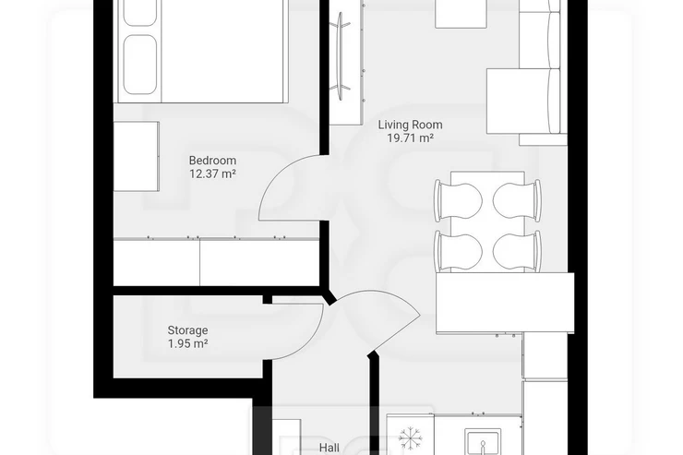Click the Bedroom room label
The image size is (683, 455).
212,161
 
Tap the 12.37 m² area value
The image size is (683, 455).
212,174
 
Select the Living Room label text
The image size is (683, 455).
410,125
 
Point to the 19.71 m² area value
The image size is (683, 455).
410,138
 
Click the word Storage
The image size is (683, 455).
187,330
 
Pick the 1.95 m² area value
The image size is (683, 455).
187,343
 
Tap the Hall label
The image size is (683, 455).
330,448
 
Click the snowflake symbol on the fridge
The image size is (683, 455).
410,437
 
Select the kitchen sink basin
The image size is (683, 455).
483,442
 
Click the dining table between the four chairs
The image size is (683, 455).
487,222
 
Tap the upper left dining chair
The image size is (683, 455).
458,200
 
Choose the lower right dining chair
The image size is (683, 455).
517,252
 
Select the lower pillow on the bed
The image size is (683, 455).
140,65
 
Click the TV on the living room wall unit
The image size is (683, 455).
341,55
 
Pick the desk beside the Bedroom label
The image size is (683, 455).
136,156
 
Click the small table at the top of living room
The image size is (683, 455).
461,14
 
